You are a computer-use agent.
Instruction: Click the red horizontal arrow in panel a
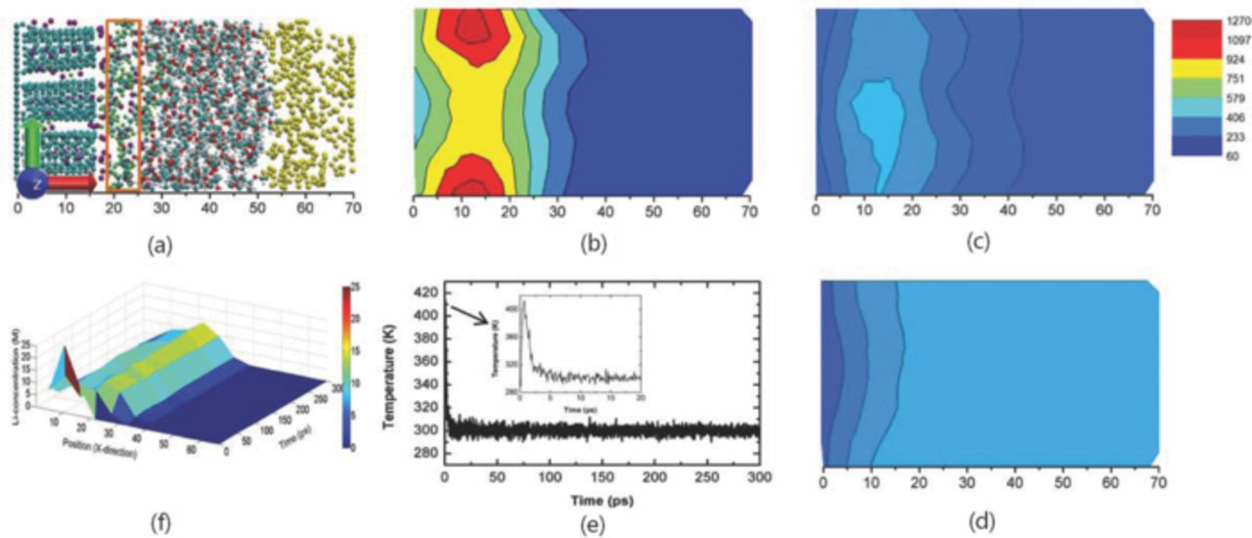(73, 182)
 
